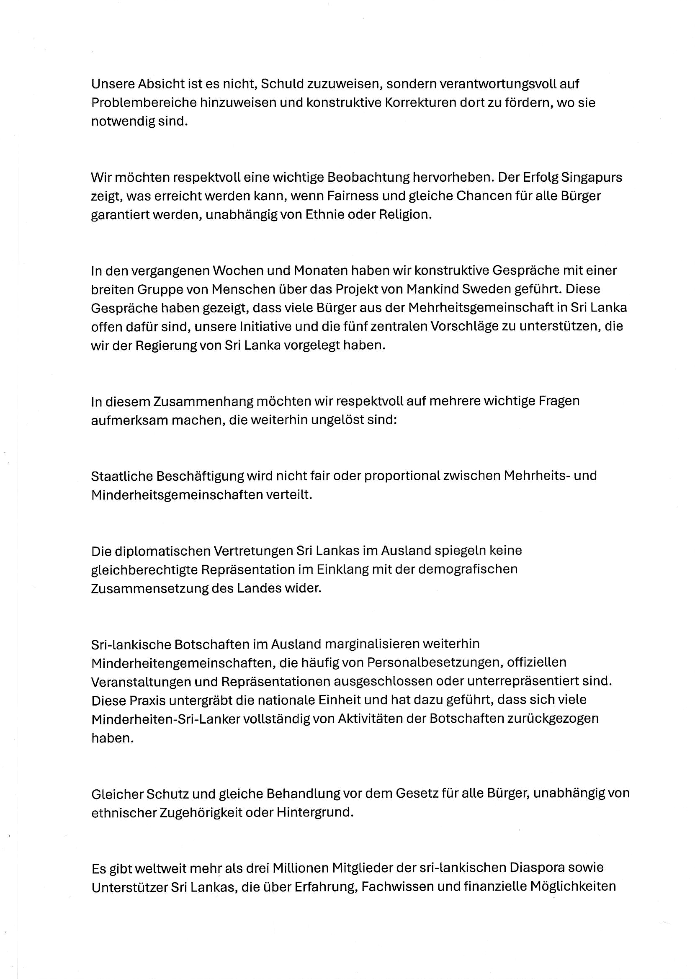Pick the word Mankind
[x=432, y=289]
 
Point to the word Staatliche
[x=121, y=476]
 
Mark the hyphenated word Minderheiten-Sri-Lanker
[x=166, y=719]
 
